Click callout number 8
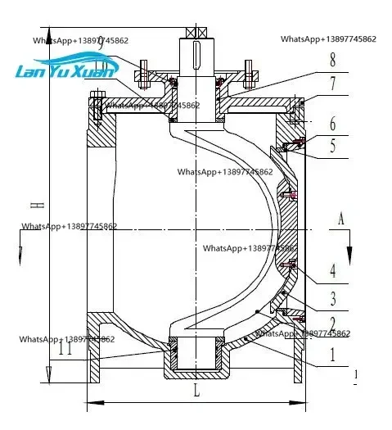(x=333, y=60)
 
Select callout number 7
(x=333, y=84)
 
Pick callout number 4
(x=333, y=269)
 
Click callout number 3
(x=333, y=298)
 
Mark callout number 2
(x=333, y=324)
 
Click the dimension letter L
(x=196, y=392)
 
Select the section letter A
(x=342, y=218)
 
